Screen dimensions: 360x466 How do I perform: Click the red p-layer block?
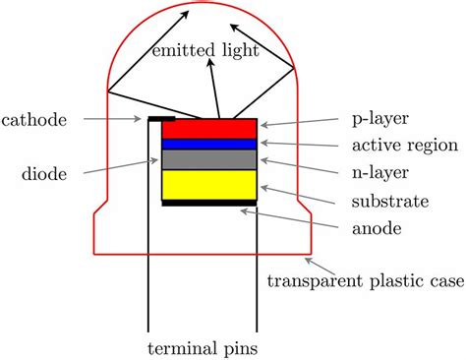coord(209,129)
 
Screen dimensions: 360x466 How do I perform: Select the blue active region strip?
coord(209,144)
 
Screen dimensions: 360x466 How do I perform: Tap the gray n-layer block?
coord(209,159)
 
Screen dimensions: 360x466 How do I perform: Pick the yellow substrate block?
coord(209,185)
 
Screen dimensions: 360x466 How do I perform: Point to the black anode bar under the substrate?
coord(209,204)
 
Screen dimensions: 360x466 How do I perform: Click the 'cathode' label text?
coord(34,120)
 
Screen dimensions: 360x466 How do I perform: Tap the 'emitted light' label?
coord(204,50)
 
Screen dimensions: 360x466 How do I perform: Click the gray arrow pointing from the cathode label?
coord(112,120)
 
